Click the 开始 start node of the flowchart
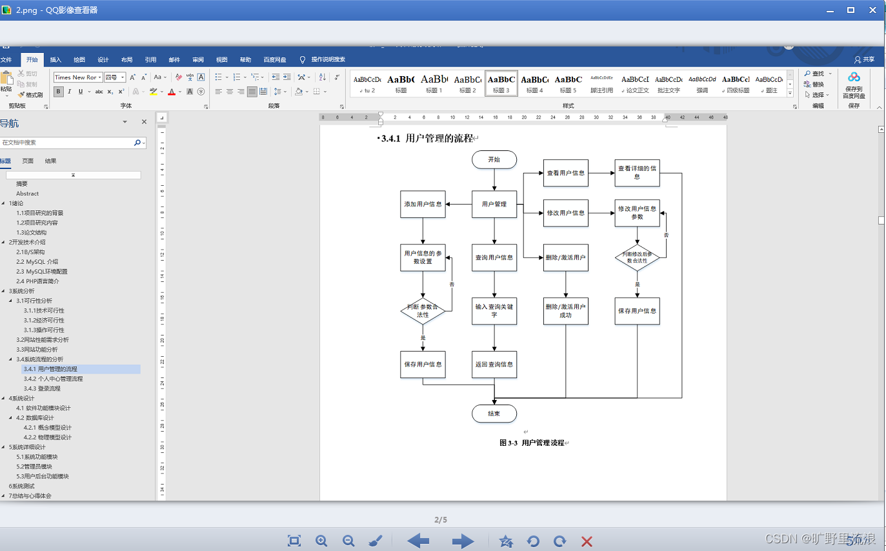point(494,159)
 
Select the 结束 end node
point(494,414)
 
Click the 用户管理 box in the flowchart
point(494,205)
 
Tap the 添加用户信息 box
point(423,205)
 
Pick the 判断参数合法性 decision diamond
point(423,311)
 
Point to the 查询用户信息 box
point(494,257)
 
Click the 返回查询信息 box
point(494,365)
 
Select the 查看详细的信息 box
point(637,173)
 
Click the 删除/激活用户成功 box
point(566,311)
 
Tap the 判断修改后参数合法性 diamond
point(637,257)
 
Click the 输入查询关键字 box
point(494,311)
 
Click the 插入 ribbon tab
point(55,59)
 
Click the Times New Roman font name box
point(76,77)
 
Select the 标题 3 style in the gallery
point(501,83)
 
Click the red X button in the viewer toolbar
point(587,541)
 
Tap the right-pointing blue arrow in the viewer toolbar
point(463,541)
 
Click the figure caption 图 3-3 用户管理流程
point(532,443)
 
